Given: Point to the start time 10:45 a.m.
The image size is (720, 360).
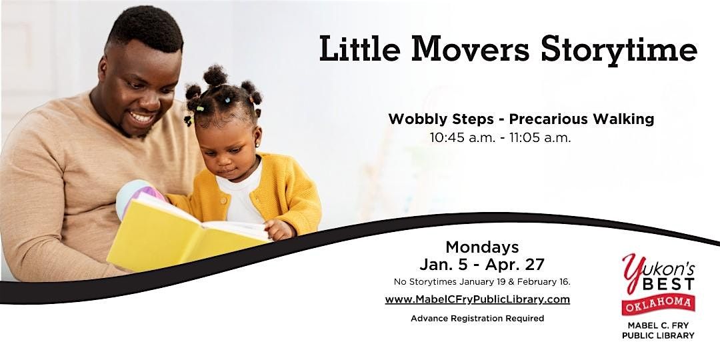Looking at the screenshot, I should (463, 139).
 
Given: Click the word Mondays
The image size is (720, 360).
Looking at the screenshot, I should (481, 247).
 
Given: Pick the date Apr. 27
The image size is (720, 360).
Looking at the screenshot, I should (520, 265).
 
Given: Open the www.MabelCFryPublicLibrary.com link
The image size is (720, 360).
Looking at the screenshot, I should (477, 299).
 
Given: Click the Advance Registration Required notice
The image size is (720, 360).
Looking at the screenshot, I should (477, 319).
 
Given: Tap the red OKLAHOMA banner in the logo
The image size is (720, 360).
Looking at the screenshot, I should (658, 303).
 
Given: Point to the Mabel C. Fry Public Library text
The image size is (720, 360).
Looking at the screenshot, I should (658, 330).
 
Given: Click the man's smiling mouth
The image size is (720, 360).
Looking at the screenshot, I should (142, 118).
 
